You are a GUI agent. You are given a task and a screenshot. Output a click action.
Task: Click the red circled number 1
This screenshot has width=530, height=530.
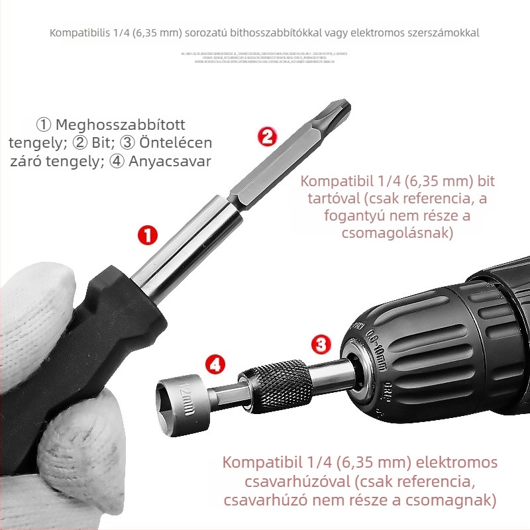pyautogui.click(x=146, y=235)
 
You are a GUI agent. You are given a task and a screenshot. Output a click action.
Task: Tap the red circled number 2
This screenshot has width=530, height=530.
pyautogui.click(x=266, y=137)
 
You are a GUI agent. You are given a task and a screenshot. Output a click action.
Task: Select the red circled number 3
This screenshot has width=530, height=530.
pyautogui.click(x=321, y=344)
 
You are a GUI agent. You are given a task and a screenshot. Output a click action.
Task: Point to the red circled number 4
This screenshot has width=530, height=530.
pyautogui.click(x=215, y=364)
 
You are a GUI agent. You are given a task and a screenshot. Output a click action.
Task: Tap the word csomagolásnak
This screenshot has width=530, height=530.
pyautogui.click(x=398, y=233)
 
